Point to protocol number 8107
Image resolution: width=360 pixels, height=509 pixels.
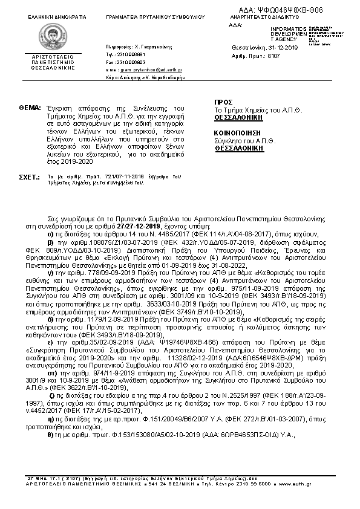pos(273,56)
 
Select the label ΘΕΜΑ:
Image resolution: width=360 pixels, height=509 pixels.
pos(29,106)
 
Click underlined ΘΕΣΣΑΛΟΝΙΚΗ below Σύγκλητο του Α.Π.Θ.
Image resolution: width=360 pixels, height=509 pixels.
pos(240,146)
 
